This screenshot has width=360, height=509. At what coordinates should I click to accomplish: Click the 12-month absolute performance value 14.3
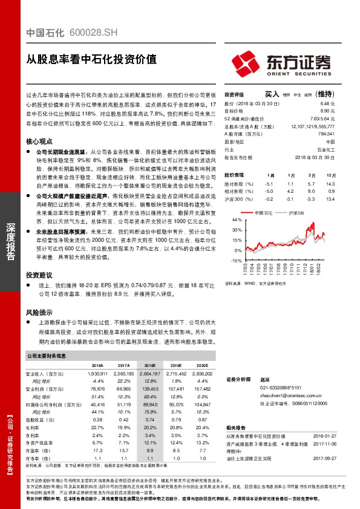[329, 183]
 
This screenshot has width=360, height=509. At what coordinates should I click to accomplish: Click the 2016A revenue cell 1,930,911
[97, 374]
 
